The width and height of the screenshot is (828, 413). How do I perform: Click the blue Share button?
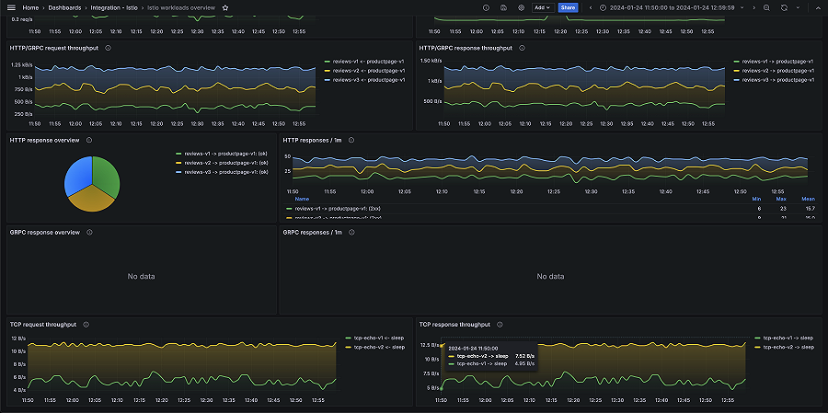click(x=568, y=7)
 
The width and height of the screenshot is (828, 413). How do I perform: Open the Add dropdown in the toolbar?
click(x=542, y=7)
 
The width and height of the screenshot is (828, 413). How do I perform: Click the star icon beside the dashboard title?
click(x=226, y=7)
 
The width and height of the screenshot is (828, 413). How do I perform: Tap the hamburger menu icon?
click(x=12, y=7)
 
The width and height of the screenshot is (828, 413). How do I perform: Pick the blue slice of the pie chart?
click(x=77, y=173)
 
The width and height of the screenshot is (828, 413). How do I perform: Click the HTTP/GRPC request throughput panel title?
click(x=54, y=48)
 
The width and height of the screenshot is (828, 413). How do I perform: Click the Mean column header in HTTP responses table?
click(x=808, y=199)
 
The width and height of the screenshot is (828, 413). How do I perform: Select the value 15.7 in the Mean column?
click(x=809, y=209)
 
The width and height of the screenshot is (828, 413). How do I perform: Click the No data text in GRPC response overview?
click(x=141, y=276)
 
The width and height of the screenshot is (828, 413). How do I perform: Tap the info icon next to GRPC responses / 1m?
click(x=351, y=233)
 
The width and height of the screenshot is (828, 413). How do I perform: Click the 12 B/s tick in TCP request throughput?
click(x=19, y=338)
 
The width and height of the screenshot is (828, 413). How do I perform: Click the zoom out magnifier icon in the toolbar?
click(x=766, y=7)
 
